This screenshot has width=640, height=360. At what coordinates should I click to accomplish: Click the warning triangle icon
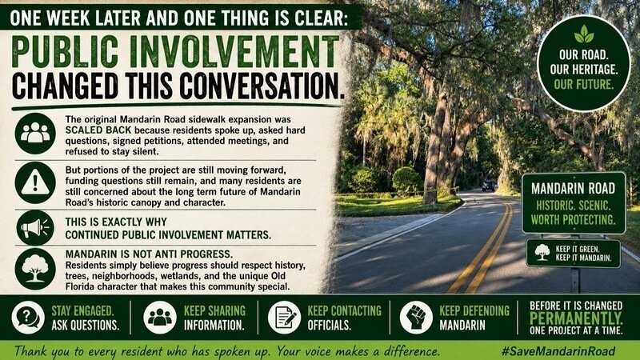pos(35,182)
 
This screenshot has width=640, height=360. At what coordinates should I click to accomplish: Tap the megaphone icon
pos(35,227)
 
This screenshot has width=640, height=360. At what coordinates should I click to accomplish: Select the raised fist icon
pos(416,318)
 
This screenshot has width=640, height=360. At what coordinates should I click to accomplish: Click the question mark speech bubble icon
pos(28,318)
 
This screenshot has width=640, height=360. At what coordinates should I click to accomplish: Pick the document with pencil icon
pos(285,318)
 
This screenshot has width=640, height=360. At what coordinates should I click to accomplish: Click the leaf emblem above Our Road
pos(584,34)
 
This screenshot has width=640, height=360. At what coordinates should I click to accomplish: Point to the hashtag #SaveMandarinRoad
pos(558,351)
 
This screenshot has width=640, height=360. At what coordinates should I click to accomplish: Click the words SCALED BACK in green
pos(98,130)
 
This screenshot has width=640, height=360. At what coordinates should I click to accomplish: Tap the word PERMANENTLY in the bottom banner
pos(576,318)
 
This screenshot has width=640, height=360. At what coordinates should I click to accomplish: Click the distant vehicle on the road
pos(488,186)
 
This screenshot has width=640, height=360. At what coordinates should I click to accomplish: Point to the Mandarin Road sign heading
pos(573,188)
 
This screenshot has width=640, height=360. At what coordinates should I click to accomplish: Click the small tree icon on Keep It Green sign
pos(542,252)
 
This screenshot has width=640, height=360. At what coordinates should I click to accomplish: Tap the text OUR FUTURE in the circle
pos(584,85)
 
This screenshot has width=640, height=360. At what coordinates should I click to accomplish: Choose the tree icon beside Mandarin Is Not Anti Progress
pos(35,269)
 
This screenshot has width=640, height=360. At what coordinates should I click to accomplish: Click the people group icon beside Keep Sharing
pos(160,318)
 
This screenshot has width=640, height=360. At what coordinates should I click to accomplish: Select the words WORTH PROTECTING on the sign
pos(573,219)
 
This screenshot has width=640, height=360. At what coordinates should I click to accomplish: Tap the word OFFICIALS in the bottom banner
pos(329,326)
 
